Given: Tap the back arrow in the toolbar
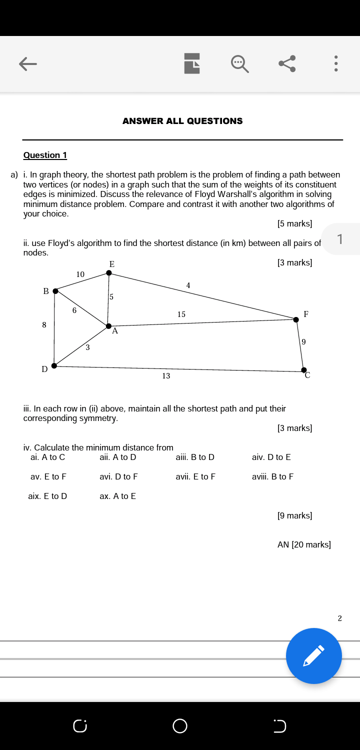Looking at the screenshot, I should click(x=28, y=63).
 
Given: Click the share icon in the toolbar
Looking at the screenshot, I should click(x=287, y=63).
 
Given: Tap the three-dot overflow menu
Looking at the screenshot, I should click(x=336, y=63).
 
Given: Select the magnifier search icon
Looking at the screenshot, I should click(x=239, y=63).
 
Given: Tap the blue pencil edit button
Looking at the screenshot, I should click(x=313, y=655).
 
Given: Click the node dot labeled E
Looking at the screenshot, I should click(x=109, y=273).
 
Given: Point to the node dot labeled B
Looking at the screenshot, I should click(x=55, y=291).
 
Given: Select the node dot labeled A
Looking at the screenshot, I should click(x=108, y=326).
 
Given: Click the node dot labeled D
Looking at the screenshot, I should click(x=54, y=366).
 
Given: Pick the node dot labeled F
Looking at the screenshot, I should click(x=296, y=319).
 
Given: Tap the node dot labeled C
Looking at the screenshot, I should click(x=303, y=370).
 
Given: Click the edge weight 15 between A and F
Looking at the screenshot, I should click(x=181, y=314).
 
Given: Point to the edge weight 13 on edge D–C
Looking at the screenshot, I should click(x=166, y=376).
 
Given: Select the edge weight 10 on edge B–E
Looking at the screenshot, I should click(x=80, y=274).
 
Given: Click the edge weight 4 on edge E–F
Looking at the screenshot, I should click(x=188, y=285).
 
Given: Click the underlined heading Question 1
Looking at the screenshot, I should click(x=45, y=155).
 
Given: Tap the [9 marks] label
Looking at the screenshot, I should click(x=294, y=515).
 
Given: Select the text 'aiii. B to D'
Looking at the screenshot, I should click(x=195, y=457).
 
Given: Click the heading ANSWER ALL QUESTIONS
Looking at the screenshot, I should click(x=182, y=121).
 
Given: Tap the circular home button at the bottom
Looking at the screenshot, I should click(x=180, y=725).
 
